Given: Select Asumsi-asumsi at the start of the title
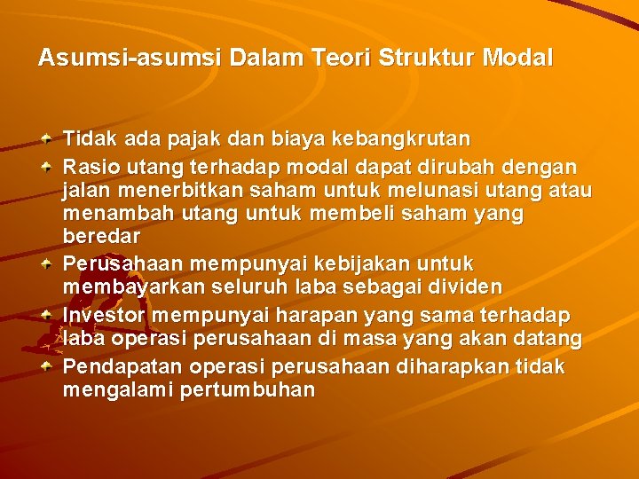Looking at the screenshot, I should [128, 59].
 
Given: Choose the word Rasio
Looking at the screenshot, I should [88, 166].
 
